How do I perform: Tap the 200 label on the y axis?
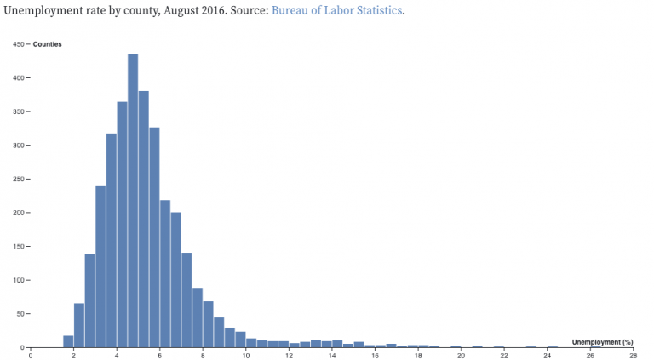[18, 213]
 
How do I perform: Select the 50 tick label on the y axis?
[20, 314]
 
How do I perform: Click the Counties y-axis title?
[47, 44]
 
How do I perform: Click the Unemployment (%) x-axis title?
[602, 342]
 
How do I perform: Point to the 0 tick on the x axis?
[31, 356]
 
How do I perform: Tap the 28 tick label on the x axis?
[633, 356]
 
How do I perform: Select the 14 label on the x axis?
[332, 356]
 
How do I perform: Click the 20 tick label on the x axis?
[461, 356]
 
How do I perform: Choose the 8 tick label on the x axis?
[203, 356]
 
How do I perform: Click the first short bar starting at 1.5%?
[68, 341]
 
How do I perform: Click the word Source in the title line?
[248, 11]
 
